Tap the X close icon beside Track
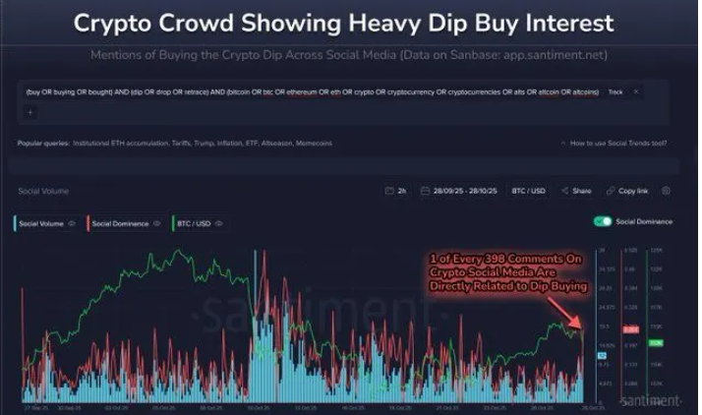636,91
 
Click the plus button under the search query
29,112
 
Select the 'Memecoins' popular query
313,144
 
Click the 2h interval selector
395,190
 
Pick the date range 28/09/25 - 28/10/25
458,190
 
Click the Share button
577,190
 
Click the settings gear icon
666,190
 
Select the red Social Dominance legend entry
120,223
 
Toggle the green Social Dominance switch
604,221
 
